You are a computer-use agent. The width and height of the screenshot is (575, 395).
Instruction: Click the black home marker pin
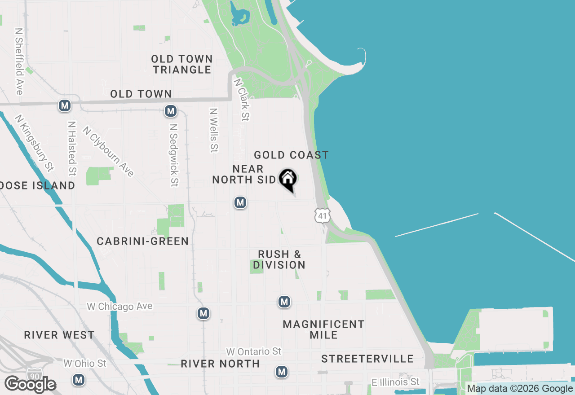click(288, 180)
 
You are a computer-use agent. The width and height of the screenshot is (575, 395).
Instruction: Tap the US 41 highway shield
click(322, 215)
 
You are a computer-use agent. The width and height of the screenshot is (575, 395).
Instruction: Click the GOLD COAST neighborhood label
click(291, 155)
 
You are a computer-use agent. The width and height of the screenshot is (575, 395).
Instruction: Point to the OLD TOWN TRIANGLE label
click(181, 64)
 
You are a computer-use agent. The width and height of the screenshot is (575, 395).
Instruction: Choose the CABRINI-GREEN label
click(143, 241)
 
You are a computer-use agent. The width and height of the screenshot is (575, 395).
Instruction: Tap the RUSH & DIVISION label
click(279, 260)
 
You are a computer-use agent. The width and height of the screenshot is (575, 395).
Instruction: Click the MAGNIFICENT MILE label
click(323, 329)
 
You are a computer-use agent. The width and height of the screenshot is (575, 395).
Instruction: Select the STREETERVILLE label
click(367, 359)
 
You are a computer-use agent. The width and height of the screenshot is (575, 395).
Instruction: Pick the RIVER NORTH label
click(220, 364)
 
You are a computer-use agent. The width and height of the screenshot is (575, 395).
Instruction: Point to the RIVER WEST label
click(59, 335)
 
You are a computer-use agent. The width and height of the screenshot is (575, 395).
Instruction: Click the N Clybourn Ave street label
click(108, 151)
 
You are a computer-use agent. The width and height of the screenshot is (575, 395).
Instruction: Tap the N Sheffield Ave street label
click(19, 62)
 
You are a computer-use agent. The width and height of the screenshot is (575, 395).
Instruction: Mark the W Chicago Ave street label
click(119, 307)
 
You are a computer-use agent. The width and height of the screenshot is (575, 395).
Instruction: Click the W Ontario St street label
click(254, 351)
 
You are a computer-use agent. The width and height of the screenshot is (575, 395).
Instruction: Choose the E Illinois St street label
click(396, 382)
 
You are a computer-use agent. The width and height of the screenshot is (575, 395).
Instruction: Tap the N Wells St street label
click(214, 130)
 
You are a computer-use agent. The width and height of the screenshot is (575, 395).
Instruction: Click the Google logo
click(30, 385)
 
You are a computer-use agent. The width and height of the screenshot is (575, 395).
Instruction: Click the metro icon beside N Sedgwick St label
click(170, 110)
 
